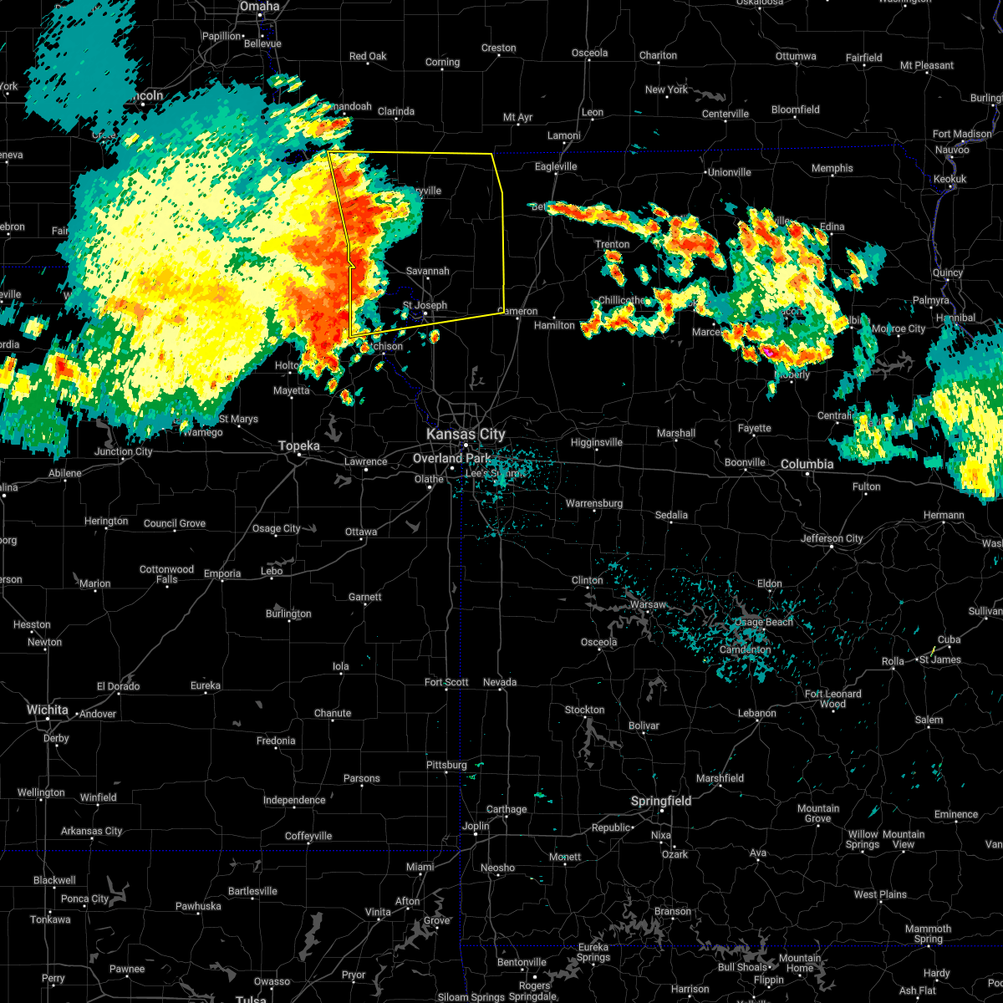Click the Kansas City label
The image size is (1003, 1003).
(x=466, y=434)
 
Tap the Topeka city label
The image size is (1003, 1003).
(x=299, y=446)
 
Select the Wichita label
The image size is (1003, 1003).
(x=47, y=710)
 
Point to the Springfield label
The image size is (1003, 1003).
(x=661, y=801)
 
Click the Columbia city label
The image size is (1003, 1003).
(x=807, y=464)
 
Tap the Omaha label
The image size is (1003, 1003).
(x=259, y=7)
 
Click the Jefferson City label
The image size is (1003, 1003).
(x=832, y=538)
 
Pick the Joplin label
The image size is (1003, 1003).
(x=476, y=826)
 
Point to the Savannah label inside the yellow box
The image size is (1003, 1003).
(x=428, y=271)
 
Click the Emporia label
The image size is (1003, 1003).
(x=222, y=573)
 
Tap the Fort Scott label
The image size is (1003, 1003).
(x=446, y=682)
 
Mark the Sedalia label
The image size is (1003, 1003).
(x=671, y=515)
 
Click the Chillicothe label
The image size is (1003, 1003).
(x=622, y=300)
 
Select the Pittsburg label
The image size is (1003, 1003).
(x=446, y=765)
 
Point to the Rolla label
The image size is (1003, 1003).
(x=893, y=661)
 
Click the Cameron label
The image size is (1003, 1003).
(x=518, y=311)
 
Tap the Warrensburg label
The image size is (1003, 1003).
(x=594, y=503)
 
